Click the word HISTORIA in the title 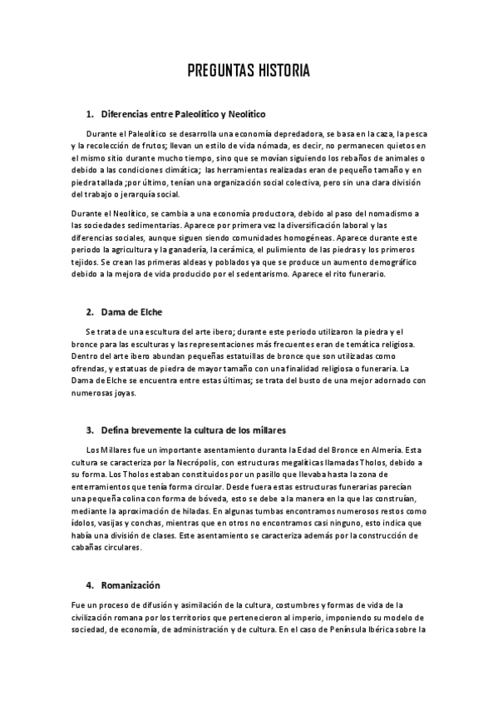pos(283,71)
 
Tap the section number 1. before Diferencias pos(90,113)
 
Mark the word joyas pos(119,393)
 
